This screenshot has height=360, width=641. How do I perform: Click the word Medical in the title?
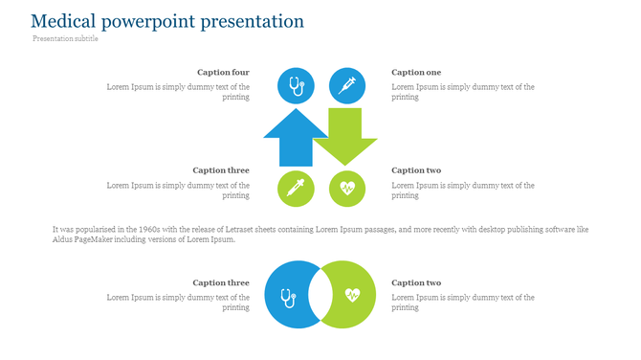(x=65, y=21)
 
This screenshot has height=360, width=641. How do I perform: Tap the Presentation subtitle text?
(x=65, y=39)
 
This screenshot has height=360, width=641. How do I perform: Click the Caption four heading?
(x=223, y=72)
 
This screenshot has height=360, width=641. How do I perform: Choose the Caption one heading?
(x=416, y=72)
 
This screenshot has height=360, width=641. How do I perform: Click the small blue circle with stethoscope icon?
(x=296, y=86)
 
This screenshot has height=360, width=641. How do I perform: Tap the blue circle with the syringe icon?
(x=347, y=86)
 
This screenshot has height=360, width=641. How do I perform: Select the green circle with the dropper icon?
(x=296, y=189)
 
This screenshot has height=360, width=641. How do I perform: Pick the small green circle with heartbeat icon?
(x=347, y=189)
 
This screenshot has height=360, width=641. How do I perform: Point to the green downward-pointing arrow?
(x=345, y=134)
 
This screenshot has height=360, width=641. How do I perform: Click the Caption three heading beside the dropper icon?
(x=221, y=170)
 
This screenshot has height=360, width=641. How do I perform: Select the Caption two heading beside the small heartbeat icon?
(x=416, y=170)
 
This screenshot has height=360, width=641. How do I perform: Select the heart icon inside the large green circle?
(x=352, y=295)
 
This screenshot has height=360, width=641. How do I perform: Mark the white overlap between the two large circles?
(x=320, y=295)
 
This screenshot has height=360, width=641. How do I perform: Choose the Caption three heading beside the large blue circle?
(x=221, y=282)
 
